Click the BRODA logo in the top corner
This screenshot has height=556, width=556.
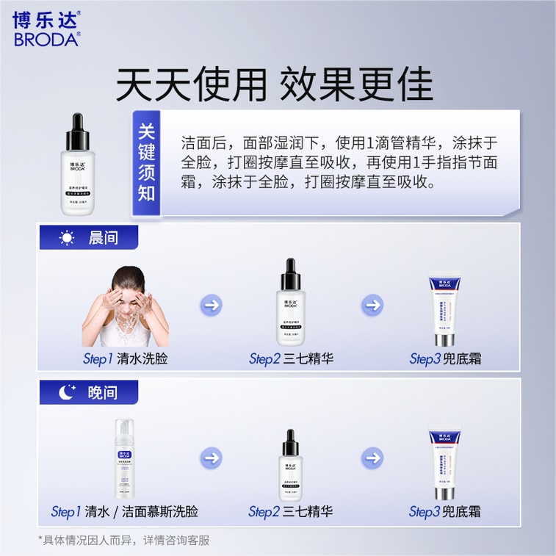(46, 29)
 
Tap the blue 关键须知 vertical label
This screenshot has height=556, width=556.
(146, 163)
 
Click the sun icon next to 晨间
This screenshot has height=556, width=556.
(68, 238)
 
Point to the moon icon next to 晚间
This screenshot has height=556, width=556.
(68, 393)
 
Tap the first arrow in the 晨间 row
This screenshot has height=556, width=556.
(212, 305)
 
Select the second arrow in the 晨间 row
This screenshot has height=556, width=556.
(372, 305)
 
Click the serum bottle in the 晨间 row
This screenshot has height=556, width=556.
(292, 302)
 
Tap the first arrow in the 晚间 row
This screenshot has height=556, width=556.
(212, 458)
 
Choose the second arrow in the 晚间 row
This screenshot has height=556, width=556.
(372, 458)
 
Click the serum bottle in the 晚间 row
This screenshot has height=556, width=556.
(292, 458)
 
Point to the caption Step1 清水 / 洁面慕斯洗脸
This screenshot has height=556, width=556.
(125, 511)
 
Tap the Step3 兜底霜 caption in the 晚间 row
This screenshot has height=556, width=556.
(445, 511)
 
